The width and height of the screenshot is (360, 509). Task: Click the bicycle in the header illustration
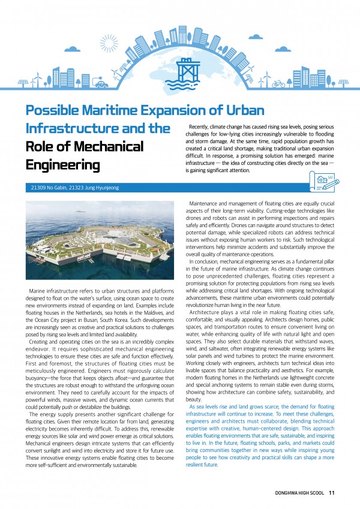pyautogui.click(x=278, y=84)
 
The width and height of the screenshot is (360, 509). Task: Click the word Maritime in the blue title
pyautogui.click(x=128, y=111)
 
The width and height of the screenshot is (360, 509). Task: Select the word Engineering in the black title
pyautogui.click(x=62, y=164)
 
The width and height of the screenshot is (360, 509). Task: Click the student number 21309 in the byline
pyautogui.click(x=40, y=188)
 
